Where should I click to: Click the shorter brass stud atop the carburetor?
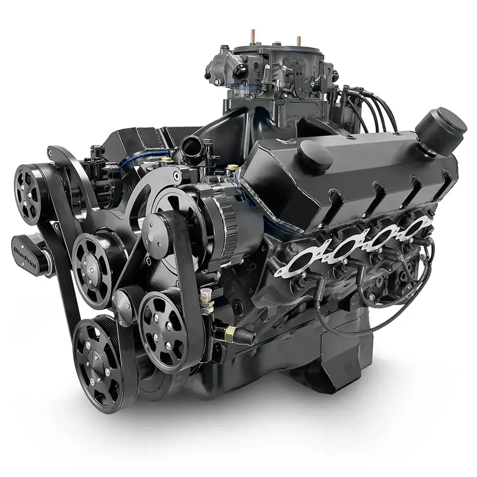(x=299, y=42)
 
